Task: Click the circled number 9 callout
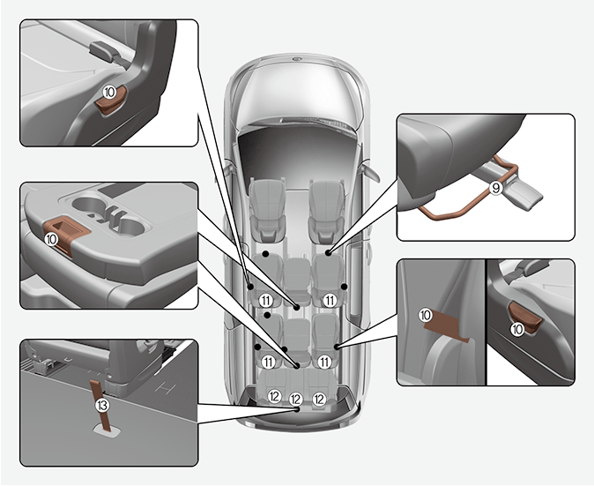tap(496, 188)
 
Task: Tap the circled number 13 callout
tap(103, 405)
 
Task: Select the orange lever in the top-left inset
tap(109, 104)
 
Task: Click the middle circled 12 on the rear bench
tap(296, 398)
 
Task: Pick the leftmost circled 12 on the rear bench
tap(274, 397)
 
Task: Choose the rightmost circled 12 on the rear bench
tap(319, 398)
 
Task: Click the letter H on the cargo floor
tap(162, 386)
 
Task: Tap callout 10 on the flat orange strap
tap(426, 314)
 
